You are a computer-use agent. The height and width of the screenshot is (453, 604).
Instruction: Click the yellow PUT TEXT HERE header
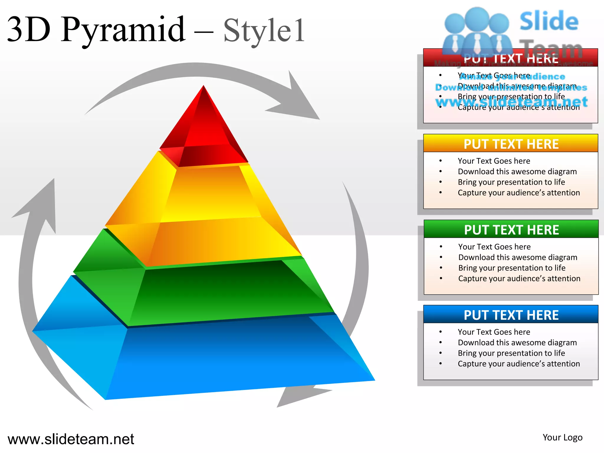511,144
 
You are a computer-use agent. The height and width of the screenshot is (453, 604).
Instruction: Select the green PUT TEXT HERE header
511,229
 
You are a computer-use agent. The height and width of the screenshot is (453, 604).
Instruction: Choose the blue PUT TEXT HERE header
511,315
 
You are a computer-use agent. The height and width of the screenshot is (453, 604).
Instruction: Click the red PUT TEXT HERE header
511,58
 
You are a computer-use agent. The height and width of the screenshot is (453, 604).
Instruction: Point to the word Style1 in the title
264,31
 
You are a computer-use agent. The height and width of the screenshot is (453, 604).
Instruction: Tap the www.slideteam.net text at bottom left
71,439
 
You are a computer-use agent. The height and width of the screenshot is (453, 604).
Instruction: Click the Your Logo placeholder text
562,437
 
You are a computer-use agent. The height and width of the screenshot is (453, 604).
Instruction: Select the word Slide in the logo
549,21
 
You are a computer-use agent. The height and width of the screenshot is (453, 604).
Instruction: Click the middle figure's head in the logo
477,18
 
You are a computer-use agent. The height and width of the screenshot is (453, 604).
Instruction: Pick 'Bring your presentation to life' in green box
512,268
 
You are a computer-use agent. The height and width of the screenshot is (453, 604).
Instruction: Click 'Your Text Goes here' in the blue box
494,332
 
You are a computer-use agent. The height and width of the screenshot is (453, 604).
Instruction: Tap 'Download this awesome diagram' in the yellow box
517,171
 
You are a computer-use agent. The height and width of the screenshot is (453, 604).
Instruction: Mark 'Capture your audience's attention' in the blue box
519,364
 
